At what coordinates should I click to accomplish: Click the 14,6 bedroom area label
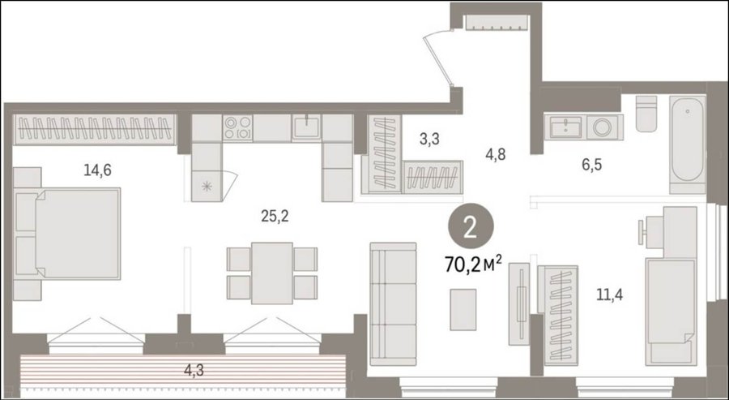point(98,170)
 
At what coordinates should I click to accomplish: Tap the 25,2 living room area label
point(275,216)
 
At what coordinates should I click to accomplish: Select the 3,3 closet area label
point(429,139)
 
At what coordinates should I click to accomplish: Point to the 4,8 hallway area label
point(496,154)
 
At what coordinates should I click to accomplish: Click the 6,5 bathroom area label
point(591,165)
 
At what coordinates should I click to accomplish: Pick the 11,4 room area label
point(609,295)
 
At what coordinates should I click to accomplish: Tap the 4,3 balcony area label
point(194,371)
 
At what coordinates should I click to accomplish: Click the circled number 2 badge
point(471,229)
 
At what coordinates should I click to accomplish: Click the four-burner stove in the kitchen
point(237,128)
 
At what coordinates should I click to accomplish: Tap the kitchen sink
point(306,127)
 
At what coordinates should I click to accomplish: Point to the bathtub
point(688,144)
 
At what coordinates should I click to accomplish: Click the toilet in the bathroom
point(646,114)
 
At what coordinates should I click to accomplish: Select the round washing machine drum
point(602,127)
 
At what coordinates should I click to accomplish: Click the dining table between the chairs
point(272,273)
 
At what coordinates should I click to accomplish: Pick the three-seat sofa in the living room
point(394,304)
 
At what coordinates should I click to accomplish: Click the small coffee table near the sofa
point(463,310)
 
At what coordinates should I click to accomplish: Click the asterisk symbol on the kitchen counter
point(207,187)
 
